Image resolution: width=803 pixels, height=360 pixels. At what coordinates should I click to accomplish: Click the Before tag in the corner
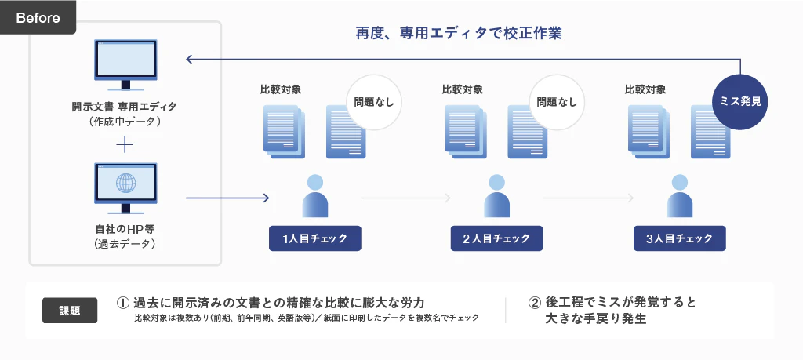tap(38, 17)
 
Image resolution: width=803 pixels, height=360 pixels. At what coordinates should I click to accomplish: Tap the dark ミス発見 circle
tap(740, 101)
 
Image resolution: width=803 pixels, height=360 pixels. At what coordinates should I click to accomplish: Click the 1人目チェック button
tap(314, 238)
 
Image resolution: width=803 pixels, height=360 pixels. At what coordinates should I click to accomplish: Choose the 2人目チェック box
tap(496, 238)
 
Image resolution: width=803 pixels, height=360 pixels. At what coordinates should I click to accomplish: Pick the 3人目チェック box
tap(680, 238)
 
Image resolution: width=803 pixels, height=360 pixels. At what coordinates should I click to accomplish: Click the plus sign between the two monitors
tap(125, 146)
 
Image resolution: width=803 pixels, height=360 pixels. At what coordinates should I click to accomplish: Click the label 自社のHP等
tap(125, 229)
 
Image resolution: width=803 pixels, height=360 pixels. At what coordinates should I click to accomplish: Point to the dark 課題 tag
tap(70, 310)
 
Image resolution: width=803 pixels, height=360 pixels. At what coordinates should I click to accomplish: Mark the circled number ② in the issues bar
tap(534, 302)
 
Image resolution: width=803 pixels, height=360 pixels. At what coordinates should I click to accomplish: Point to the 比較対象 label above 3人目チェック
tap(645, 89)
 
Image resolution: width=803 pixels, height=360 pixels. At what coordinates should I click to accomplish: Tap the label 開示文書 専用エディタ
tap(125, 106)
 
